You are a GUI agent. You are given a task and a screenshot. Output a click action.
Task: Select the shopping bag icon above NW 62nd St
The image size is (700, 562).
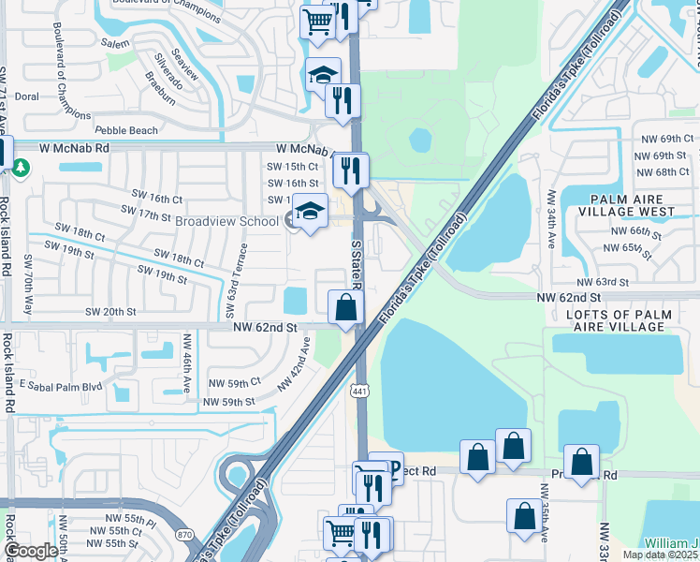pos(345,306)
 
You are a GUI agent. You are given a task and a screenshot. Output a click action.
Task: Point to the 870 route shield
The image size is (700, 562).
pos(185,535)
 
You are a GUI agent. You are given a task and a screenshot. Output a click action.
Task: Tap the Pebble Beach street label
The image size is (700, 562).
pos(128,129)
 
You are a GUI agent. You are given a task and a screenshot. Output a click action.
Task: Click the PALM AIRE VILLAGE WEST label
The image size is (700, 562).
pos(639,206)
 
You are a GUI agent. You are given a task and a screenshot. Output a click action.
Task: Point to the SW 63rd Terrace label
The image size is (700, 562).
pos(241,272)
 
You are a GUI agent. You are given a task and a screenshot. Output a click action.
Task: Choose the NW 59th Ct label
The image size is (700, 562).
pos(233,383)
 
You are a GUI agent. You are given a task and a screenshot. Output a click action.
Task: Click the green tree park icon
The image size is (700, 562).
pos(20,168)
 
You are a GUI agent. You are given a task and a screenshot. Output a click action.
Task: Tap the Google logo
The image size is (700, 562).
pos(31,552)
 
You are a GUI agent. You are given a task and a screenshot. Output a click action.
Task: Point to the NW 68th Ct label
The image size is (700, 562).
pos(661,172)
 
